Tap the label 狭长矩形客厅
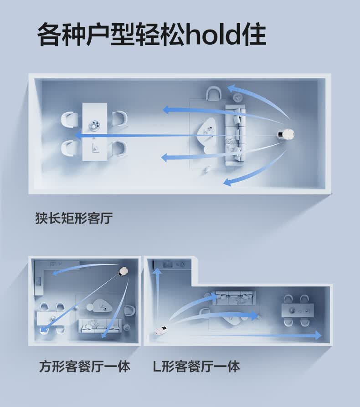click(x=73, y=219)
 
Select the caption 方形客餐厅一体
click(x=84, y=366)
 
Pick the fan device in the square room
click(x=123, y=273)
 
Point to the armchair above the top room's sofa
click(x=213, y=94)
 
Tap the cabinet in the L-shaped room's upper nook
click(x=172, y=265)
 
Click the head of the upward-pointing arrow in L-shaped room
click(x=157, y=272)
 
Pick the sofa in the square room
click(x=100, y=325)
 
